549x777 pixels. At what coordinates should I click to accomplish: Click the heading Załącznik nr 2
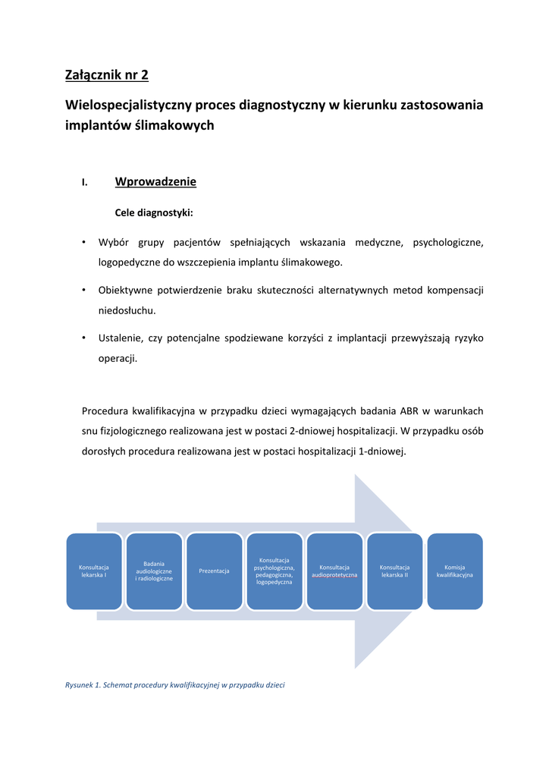[x=107, y=74]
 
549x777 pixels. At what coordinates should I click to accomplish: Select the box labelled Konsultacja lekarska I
[x=94, y=571]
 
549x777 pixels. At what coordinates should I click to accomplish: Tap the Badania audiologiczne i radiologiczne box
[x=154, y=571]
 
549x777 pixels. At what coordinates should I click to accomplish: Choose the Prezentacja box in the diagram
[x=214, y=571]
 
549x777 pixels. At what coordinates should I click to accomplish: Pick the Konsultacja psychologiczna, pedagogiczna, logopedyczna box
[x=274, y=571]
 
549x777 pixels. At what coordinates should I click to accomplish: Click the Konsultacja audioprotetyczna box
[x=334, y=571]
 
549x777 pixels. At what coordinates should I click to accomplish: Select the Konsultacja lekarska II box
[x=394, y=571]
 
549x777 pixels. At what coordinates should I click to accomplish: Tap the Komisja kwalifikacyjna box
[x=454, y=571]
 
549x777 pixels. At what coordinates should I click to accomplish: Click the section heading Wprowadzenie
[x=155, y=182]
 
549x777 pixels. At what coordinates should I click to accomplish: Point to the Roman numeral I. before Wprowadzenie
[x=85, y=183]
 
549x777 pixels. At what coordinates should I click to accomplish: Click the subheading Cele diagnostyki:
[x=154, y=213]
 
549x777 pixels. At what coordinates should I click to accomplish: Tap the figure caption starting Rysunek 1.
[x=174, y=685]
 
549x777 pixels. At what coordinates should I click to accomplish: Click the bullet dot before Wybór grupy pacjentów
[x=83, y=243]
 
